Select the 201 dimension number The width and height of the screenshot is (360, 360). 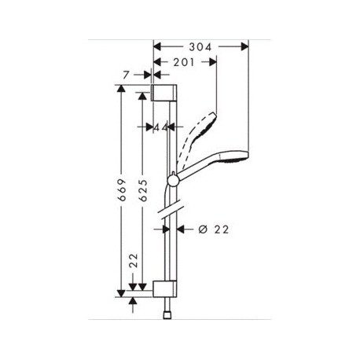tap(185, 62)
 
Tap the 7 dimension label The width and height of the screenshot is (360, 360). tap(126, 75)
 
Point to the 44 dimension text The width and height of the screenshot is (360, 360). tap(160, 127)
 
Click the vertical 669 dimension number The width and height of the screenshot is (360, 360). tap(122, 190)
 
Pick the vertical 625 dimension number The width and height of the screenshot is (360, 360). tap(143, 190)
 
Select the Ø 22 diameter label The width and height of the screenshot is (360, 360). tap(214, 230)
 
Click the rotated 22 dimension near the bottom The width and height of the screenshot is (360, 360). tap(134, 260)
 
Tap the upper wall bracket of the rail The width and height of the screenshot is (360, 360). tap(164, 93)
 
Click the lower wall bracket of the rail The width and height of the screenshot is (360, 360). tap(165, 288)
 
